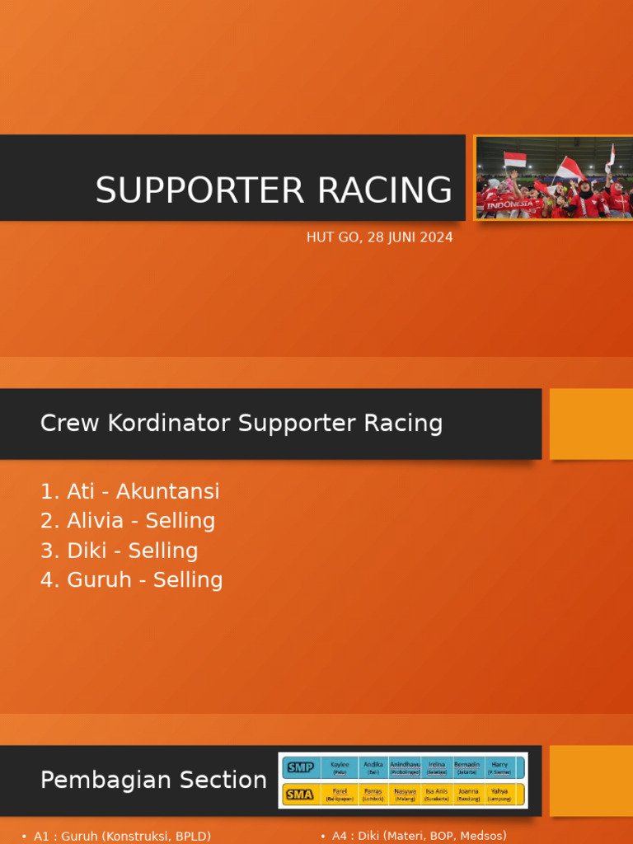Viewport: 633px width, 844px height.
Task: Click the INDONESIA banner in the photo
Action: point(509,204)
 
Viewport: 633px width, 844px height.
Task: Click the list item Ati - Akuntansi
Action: point(130,492)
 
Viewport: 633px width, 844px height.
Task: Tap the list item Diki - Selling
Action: point(120,551)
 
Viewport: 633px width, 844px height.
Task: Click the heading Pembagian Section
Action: point(153,780)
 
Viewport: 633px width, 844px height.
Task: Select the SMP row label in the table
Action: point(299,767)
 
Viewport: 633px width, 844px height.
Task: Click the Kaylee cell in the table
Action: point(340,767)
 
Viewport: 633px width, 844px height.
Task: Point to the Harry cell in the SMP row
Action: point(499,767)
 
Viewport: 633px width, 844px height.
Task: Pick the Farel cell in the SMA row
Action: point(340,794)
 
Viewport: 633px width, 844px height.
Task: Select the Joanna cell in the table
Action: point(468,794)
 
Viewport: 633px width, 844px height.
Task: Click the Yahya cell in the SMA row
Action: point(499,794)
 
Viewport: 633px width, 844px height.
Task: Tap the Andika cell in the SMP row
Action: point(373,767)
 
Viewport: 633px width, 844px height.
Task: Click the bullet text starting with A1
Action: point(122,836)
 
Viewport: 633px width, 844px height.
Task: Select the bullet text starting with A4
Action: point(419,836)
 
